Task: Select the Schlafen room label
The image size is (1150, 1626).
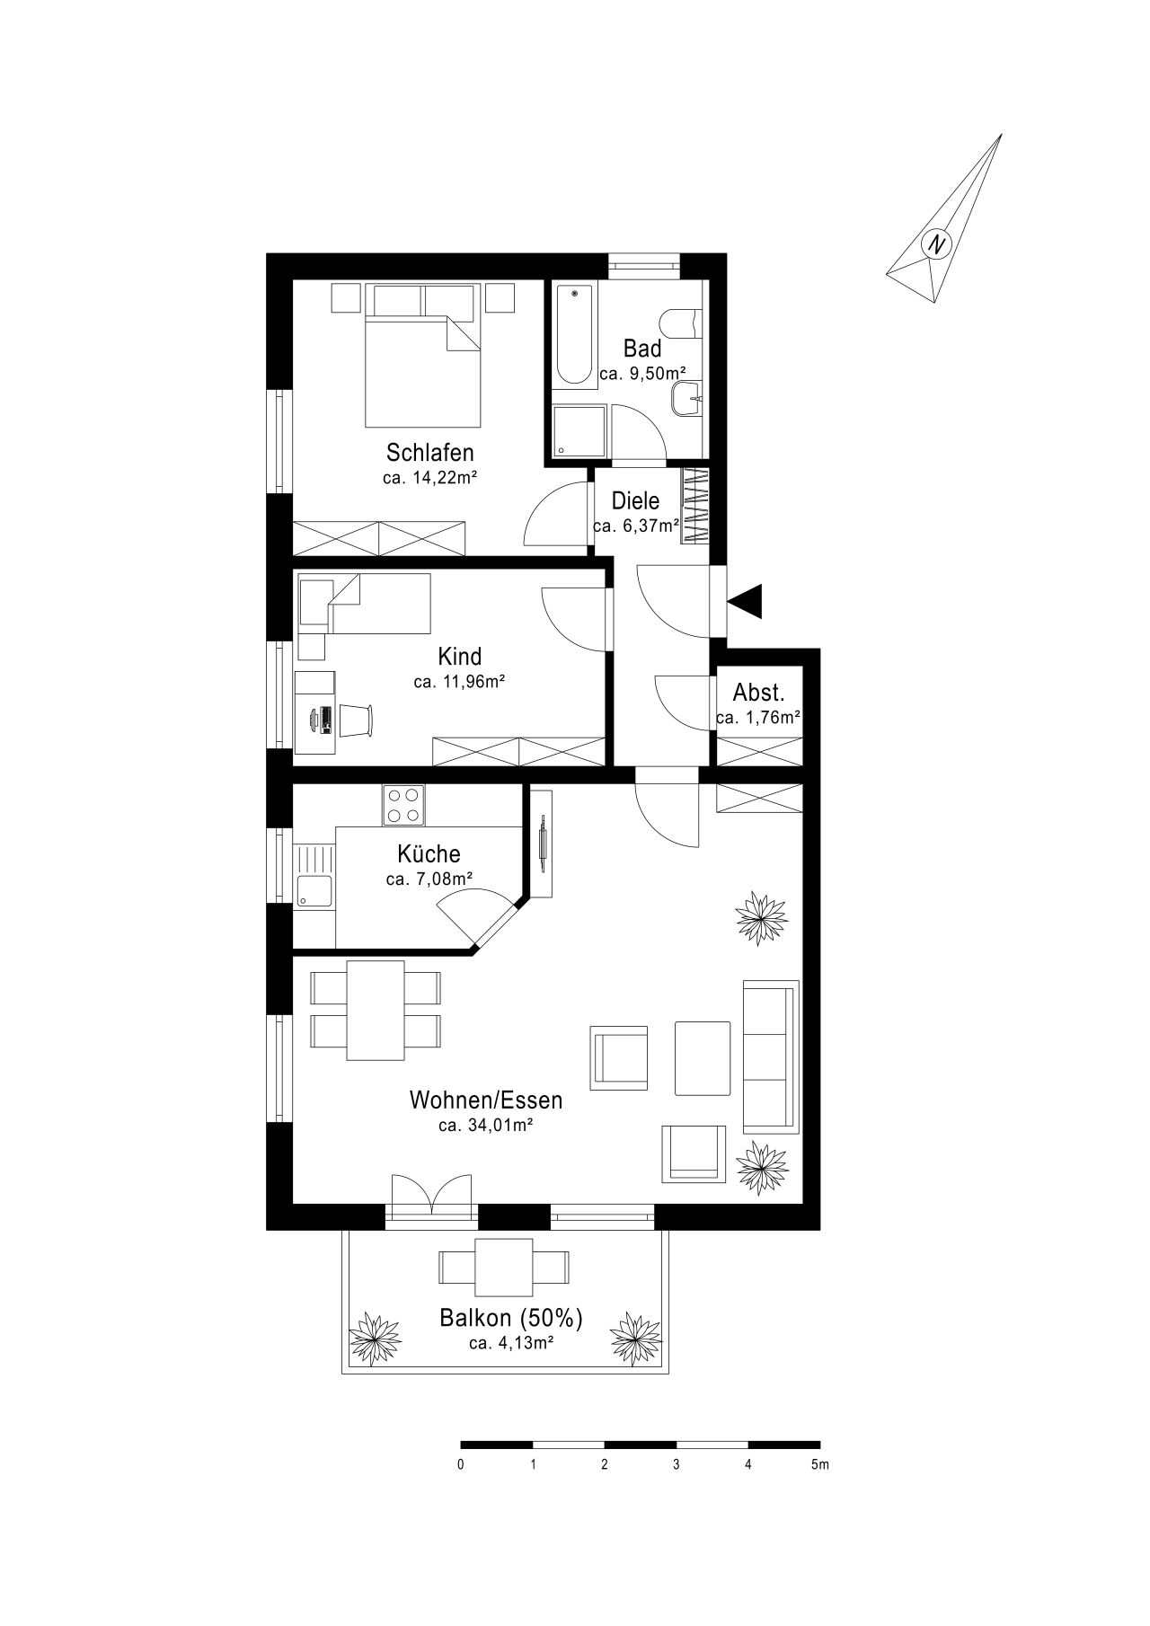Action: [429, 451]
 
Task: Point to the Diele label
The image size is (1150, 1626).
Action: [636, 500]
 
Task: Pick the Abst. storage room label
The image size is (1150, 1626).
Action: [759, 693]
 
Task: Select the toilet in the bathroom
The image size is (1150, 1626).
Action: [681, 324]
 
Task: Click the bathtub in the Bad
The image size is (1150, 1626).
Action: [575, 335]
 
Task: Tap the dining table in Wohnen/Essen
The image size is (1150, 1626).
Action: [376, 1011]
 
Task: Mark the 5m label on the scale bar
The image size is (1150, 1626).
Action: [818, 1465]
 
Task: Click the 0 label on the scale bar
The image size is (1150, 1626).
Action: [461, 1465]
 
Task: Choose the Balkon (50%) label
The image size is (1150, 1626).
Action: [511, 1318]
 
